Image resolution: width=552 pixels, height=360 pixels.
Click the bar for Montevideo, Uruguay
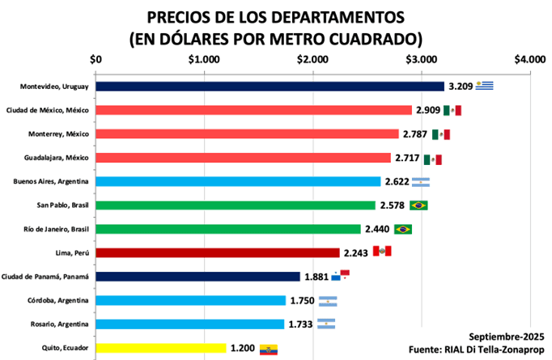(270, 87)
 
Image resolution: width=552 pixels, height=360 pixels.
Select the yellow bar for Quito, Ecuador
(161, 348)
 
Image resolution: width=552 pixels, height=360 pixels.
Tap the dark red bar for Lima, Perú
(218, 252)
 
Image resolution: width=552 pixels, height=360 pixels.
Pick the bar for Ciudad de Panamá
(197, 277)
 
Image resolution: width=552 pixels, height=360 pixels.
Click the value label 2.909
(429, 110)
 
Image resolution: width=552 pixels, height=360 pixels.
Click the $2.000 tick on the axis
(312, 59)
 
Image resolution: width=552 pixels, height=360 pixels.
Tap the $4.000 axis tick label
(529, 59)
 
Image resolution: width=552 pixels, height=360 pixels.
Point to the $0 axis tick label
(96, 59)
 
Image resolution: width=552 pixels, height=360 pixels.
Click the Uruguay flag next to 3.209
(484, 86)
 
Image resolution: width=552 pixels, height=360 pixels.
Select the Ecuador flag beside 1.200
(269, 349)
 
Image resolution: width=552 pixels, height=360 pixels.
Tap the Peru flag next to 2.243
(381, 252)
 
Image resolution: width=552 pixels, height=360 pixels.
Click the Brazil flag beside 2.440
(403, 229)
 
